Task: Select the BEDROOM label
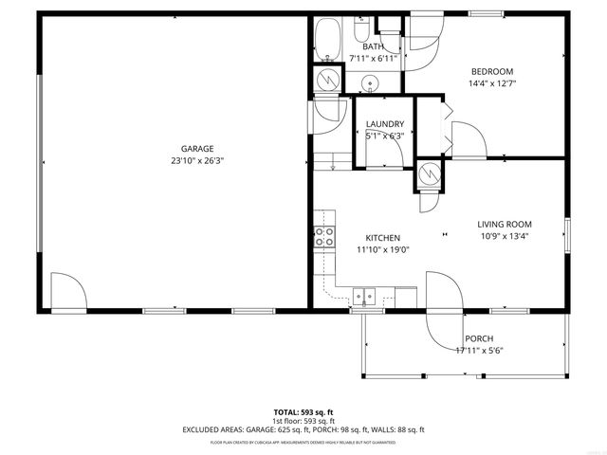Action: point(492,71)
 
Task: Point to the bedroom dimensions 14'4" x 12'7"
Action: point(492,83)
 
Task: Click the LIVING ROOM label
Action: point(504,225)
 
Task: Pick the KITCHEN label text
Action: point(383,238)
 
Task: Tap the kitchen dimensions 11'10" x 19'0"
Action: point(383,250)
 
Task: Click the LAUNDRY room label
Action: point(385,124)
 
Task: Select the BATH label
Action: point(373,46)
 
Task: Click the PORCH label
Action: point(478,339)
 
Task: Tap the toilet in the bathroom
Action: point(363,28)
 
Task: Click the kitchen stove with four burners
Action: point(324,236)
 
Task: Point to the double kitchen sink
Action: point(364,296)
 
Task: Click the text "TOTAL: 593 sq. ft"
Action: point(303,412)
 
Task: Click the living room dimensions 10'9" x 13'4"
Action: point(504,237)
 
